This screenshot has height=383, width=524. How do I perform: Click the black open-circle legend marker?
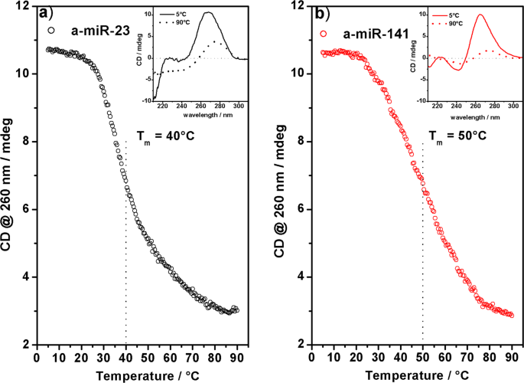(x=51, y=31)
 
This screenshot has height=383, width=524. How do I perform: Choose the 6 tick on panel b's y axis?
(x=301, y=209)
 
